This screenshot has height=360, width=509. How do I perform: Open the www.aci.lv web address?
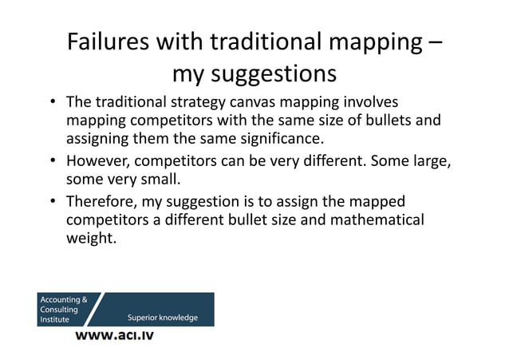[x=114, y=335]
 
